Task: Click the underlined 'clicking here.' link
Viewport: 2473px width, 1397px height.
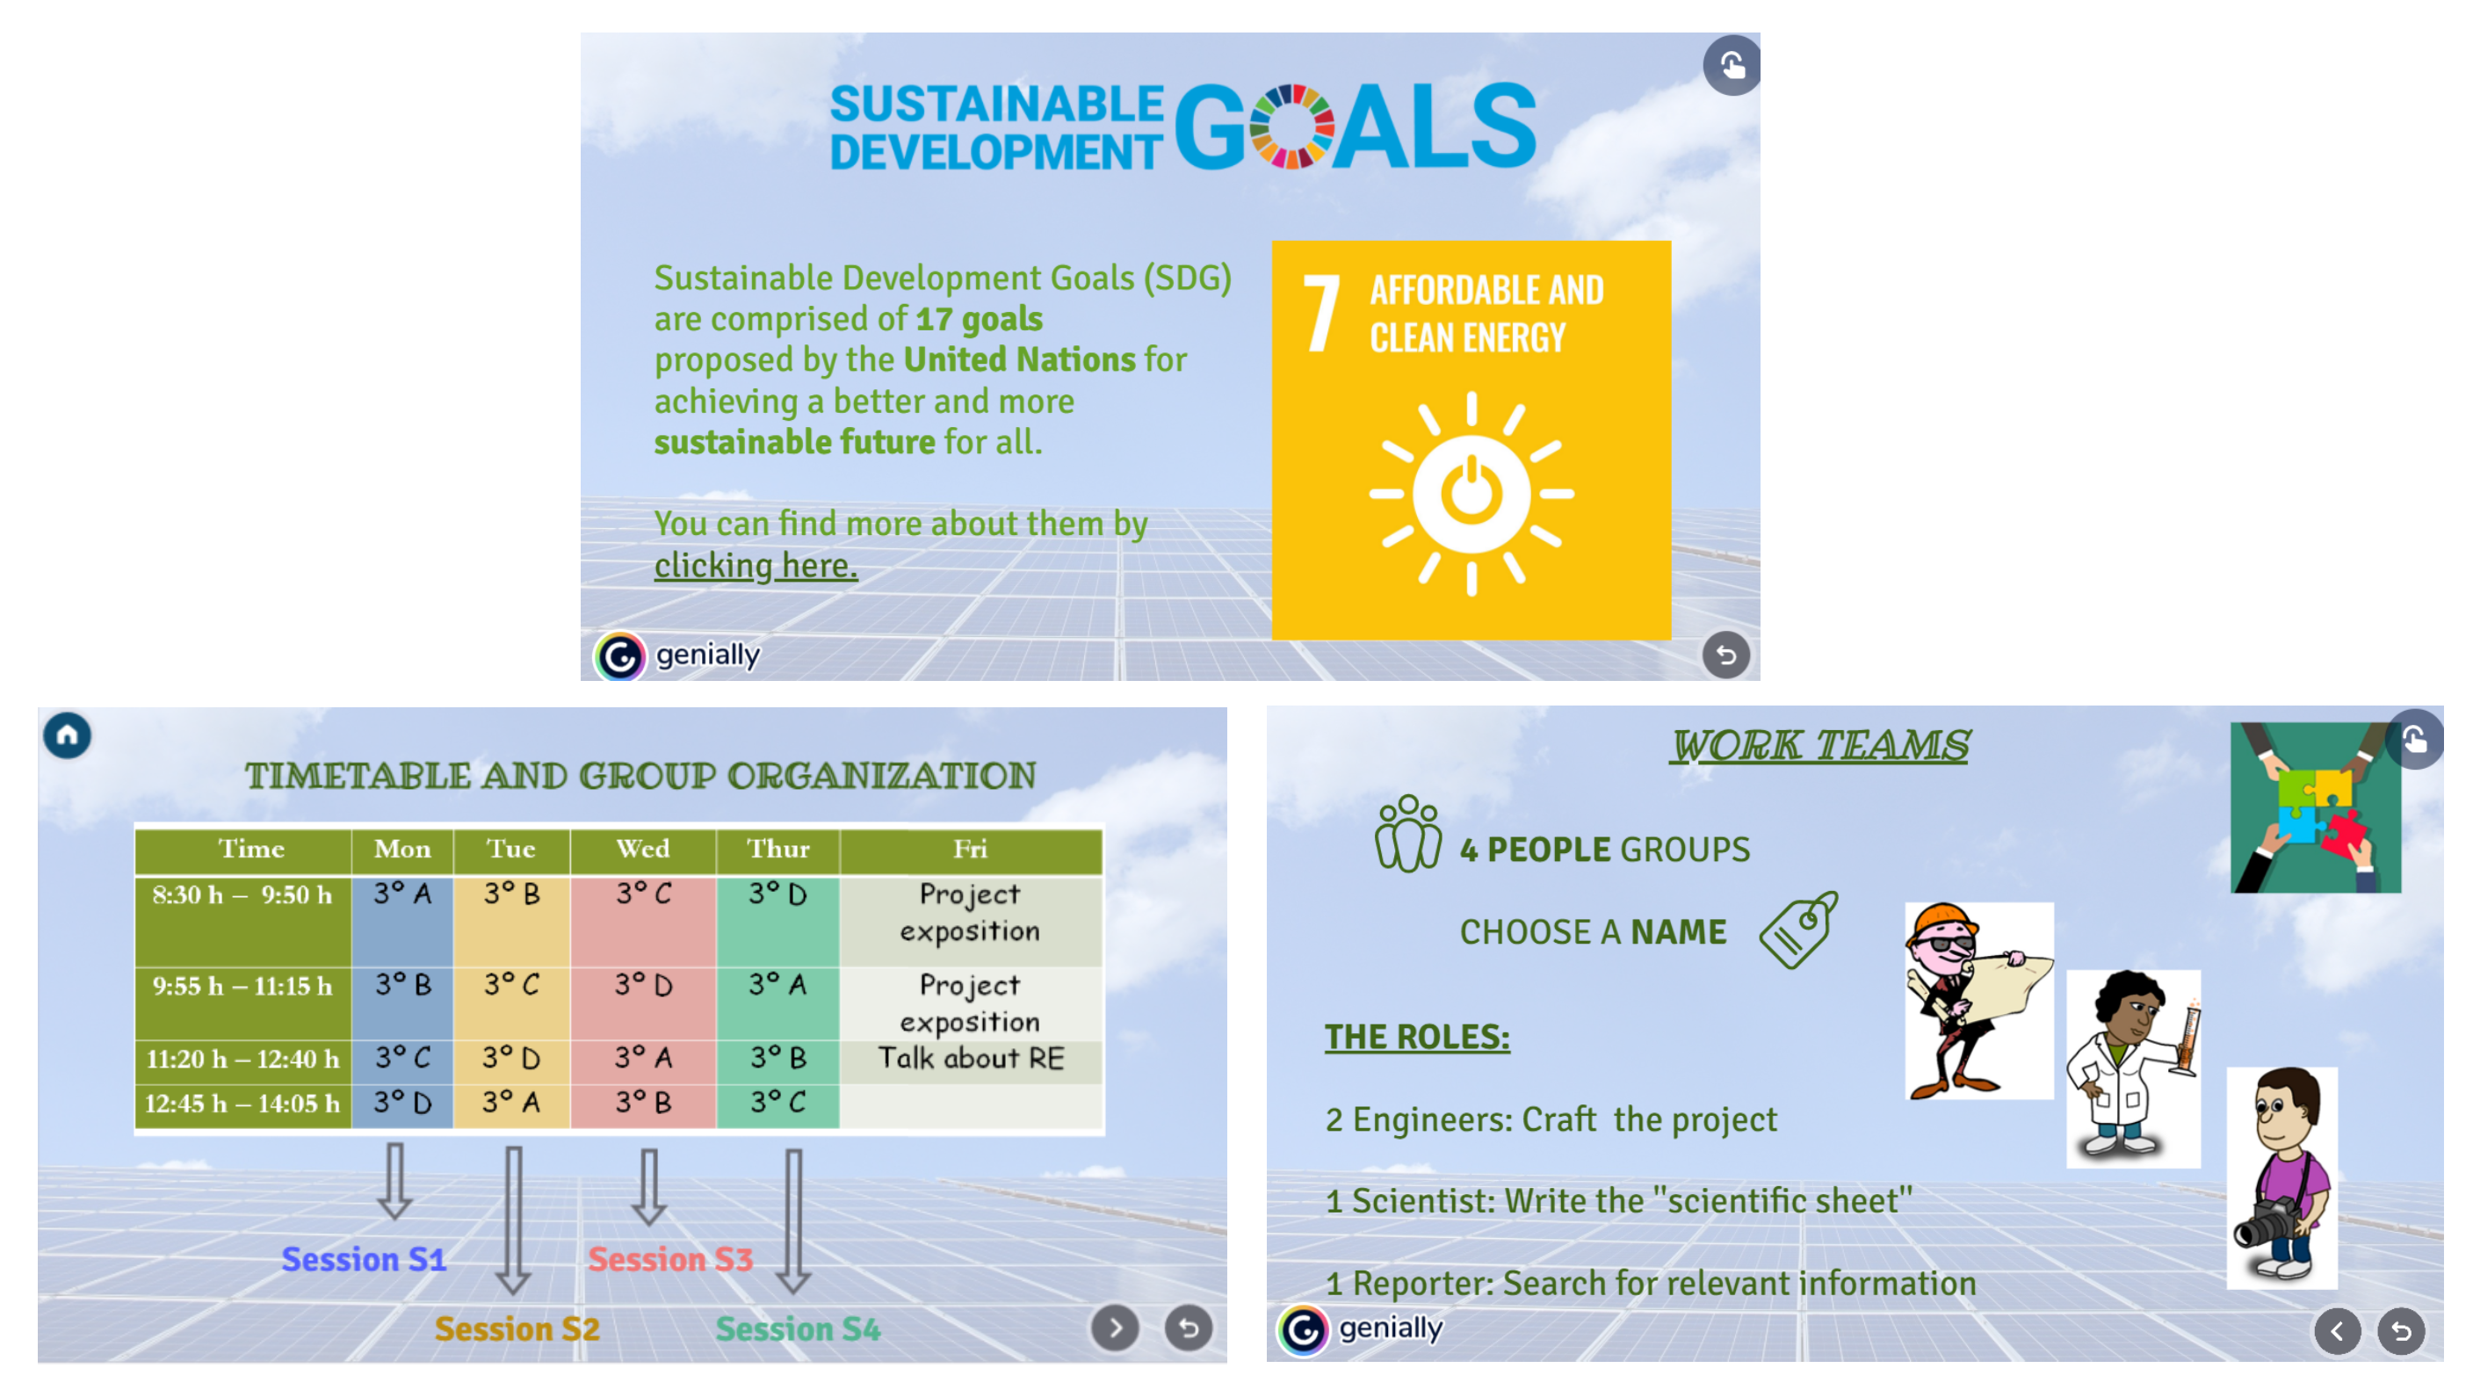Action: coord(756,566)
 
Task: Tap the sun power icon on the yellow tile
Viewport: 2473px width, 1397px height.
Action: coord(1471,494)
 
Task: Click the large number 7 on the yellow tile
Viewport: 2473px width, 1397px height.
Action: coord(1321,314)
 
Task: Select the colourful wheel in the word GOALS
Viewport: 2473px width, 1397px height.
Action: coord(1291,127)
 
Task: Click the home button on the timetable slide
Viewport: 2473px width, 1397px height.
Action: coord(67,735)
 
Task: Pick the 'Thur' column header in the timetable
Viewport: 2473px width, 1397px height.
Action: coord(777,849)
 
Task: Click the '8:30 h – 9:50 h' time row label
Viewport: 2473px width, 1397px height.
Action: coord(242,894)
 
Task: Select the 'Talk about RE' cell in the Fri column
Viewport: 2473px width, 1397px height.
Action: coord(971,1058)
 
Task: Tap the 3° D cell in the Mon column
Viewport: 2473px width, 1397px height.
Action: coord(402,1103)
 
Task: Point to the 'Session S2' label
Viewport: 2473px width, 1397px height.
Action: coord(517,1328)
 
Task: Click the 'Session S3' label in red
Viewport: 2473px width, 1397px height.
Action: coord(670,1259)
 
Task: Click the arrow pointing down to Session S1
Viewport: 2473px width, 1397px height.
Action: coord(394,1181)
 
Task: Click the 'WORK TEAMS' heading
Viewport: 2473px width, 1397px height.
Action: coord(1819,745)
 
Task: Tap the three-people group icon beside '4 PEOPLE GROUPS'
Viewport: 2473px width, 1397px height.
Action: coord(1407,834)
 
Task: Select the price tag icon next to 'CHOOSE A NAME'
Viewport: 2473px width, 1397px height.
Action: coord(1798,930)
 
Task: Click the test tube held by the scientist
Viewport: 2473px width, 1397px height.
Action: coord(2189,1037)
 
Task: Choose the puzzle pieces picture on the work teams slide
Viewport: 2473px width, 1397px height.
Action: coord(2315,807)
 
